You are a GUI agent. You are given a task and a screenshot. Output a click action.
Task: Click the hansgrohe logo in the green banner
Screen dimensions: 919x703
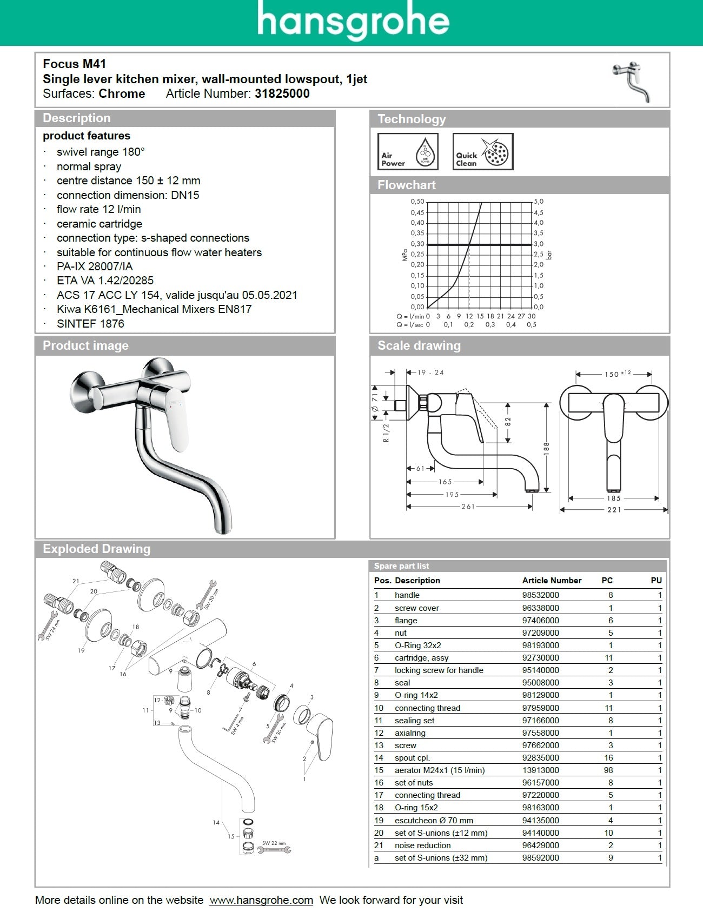[x=353, y=22]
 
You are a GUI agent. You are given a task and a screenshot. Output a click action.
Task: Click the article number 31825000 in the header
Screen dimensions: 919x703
[x=282, y=94]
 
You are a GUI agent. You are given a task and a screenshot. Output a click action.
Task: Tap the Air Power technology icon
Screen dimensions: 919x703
[x=407, y=152]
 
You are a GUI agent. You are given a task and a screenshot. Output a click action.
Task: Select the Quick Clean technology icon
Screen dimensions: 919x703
[x=482, y=152]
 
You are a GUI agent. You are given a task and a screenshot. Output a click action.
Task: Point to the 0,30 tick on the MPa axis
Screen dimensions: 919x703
[x=417, y=244]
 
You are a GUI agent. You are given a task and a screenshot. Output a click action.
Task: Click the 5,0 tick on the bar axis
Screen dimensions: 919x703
[x=539, y=202]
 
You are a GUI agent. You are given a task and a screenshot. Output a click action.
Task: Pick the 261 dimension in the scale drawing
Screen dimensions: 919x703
[x=468, y=507]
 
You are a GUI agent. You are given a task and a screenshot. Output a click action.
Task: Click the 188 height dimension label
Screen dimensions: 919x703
[x=546, y=448]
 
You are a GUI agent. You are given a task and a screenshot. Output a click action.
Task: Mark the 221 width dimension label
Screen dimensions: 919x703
[x=614, y=510]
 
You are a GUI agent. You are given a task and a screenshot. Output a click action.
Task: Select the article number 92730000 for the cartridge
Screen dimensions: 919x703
[x=540, y=658]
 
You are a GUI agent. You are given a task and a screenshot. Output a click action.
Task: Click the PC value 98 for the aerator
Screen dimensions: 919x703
[x=608, y=770]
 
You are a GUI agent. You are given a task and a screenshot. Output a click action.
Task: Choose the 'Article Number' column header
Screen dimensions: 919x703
[x=552, y=581]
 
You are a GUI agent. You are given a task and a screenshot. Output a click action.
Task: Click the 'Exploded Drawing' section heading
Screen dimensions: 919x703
[x=96, y=549]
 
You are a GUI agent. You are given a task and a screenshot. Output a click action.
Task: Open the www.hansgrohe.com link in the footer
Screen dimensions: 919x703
[x=261, y=900]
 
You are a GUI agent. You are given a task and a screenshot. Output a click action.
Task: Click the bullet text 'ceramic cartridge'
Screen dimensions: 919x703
[x=100, y=224]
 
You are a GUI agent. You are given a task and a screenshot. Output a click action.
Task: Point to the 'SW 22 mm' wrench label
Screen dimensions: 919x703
[x=274, y=843]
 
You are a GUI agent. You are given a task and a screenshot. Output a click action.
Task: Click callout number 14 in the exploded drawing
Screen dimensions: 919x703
[x=216, y=823]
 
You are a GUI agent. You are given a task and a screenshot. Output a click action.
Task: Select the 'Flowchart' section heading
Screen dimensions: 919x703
[x=406, y=185]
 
